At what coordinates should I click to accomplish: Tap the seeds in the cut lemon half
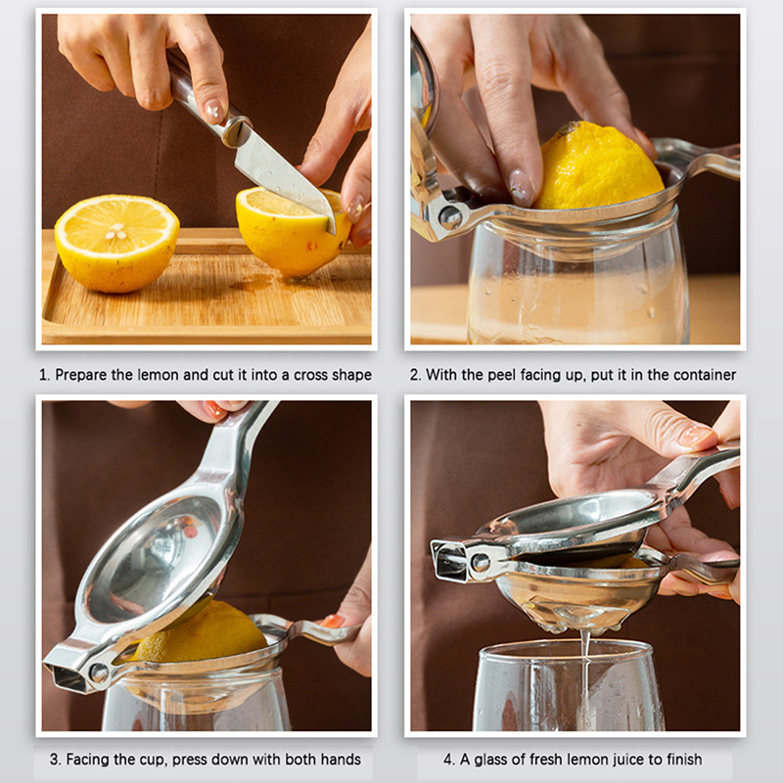116,231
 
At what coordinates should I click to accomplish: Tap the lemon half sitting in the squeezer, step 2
598,167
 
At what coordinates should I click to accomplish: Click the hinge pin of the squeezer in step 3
99,672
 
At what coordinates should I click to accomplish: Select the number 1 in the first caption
44,375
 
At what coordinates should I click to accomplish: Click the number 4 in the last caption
448,760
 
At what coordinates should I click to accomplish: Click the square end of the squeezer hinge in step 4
449,561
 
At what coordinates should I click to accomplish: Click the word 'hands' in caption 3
341,760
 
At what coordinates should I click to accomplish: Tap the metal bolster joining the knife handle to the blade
237,130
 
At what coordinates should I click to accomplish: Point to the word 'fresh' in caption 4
546,760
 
